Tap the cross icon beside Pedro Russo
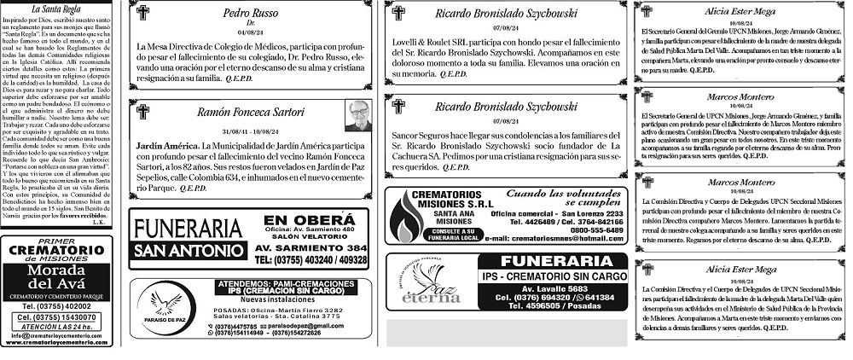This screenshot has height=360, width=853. (x=143, y=13)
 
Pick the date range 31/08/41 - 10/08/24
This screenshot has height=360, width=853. (x=245, y=132)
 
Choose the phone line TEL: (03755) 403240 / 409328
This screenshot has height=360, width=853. (x=310, y=259)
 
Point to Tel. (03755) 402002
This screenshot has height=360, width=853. (x=56, y=305)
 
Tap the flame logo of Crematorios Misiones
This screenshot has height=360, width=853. (x=406, y=217)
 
